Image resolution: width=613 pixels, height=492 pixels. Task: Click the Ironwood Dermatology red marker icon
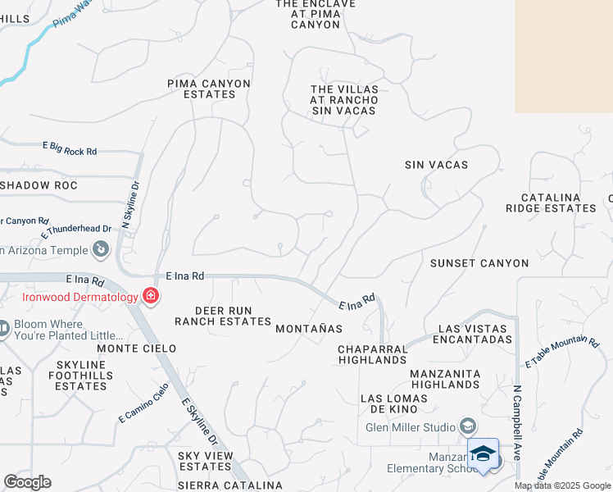(x=151, y=296)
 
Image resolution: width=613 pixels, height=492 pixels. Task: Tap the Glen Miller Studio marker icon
(x=468, y=426)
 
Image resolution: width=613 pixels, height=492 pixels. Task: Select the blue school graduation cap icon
(x=483, y=453)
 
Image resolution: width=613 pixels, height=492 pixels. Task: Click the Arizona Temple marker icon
(x=101, y=248)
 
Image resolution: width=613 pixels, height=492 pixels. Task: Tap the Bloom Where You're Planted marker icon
(x=3, y=329)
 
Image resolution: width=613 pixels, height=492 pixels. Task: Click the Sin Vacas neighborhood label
(x=436, y=165)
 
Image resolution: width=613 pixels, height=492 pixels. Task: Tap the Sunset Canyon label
(x=479, y=263)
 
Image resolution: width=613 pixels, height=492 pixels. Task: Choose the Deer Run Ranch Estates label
(x=222, y=316)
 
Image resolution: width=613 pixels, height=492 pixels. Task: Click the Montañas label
(x=308, y=328)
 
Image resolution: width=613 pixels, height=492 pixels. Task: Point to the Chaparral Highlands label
(x=373, y=354)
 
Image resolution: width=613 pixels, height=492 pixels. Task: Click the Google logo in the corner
(x=27, y=482)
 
